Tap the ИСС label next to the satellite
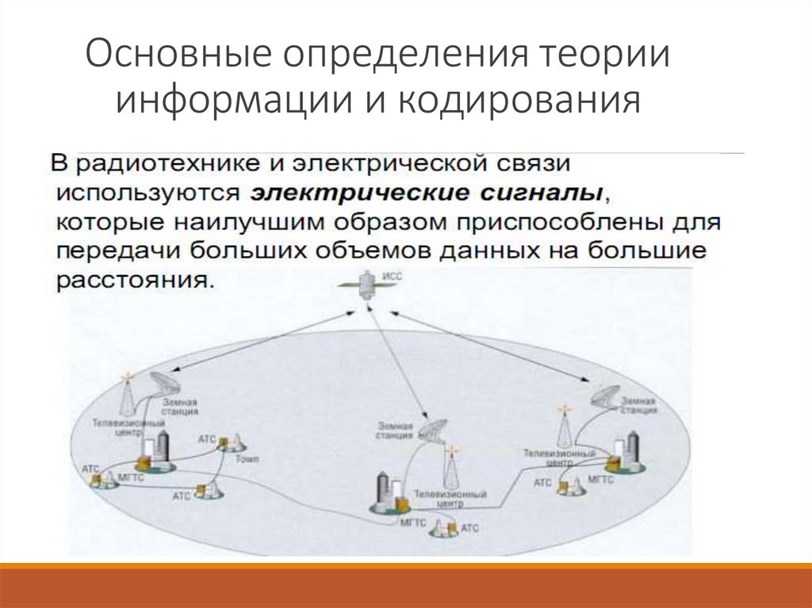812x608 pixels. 393,277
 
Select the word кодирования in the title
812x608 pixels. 515,101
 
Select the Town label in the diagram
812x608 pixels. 246,460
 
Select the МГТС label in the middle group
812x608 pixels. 413,523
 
